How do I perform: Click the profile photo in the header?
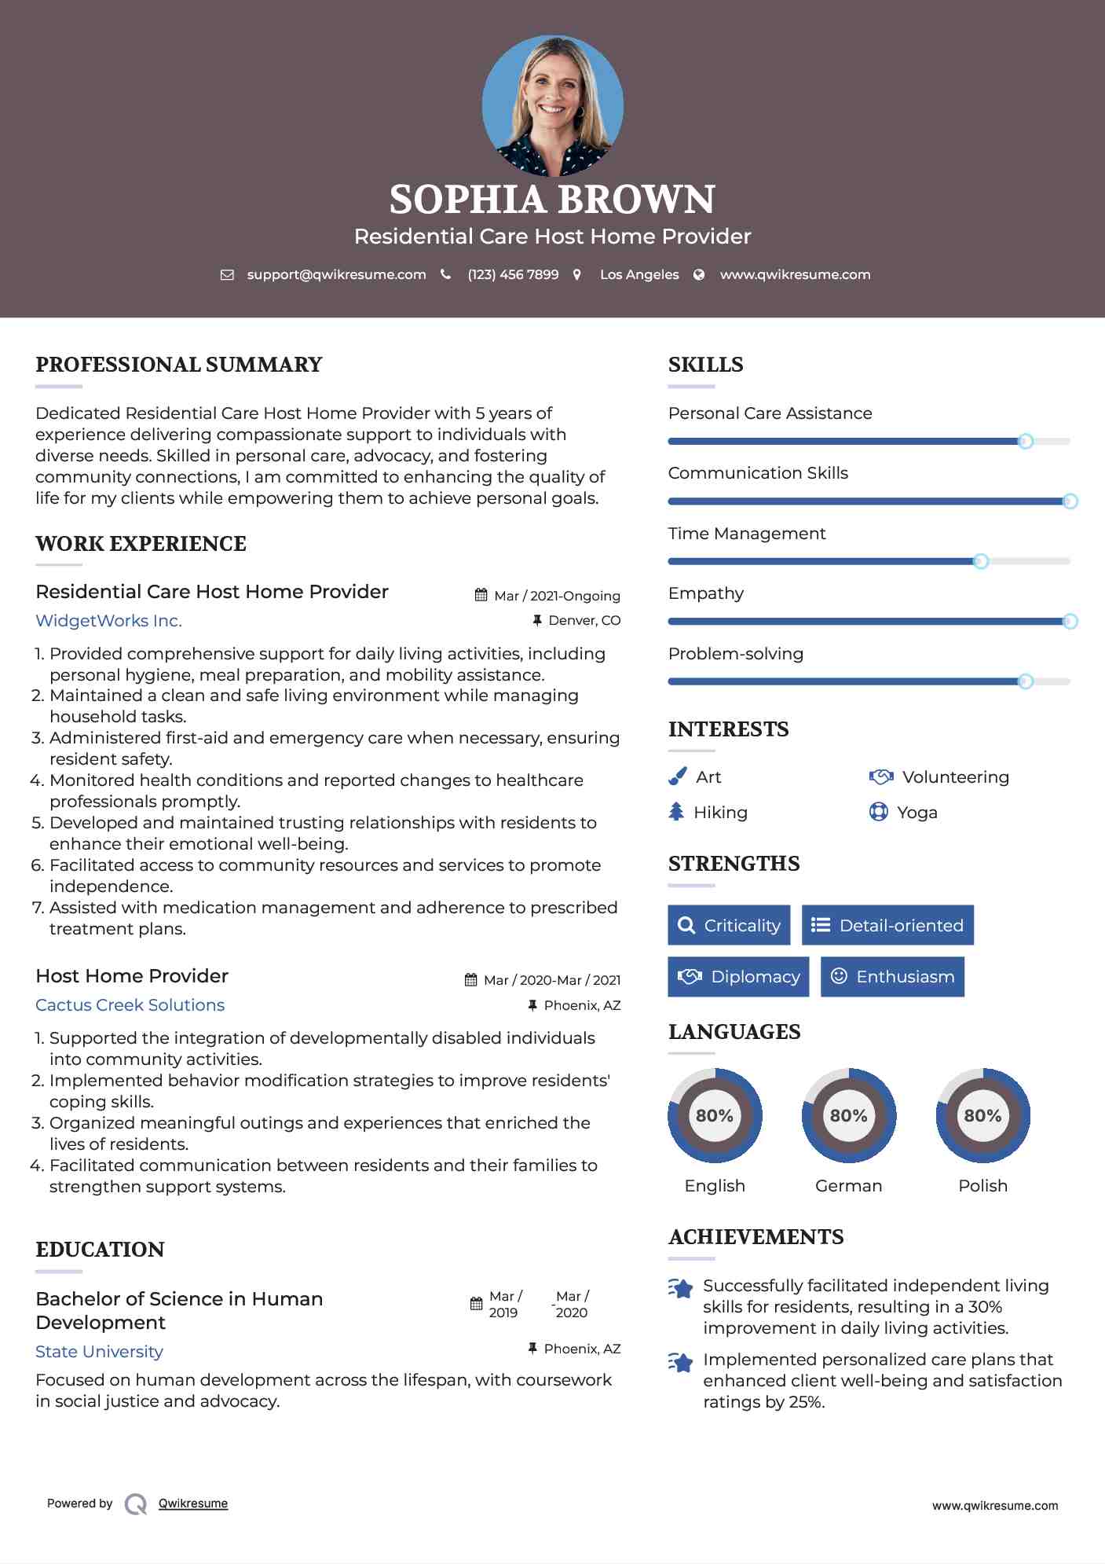click(552, 105)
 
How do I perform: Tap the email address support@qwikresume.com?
click(336, 274)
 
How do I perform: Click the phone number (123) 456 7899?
click(513, 274)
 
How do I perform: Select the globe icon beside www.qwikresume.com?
click(699, 274)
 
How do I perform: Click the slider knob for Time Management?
click(980, 561)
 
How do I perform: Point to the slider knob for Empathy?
click(1070, 622)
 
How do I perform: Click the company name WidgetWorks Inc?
click(108, 621)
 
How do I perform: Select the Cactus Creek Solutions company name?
click(130, 1005)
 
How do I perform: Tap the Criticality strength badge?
click(729, 925)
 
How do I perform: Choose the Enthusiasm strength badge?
click(892, 977)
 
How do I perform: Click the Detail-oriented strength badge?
click(887, 925)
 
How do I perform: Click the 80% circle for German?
click(848, 1115)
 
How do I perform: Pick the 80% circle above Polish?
click(982, 1115)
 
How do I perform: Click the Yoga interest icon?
click(878, 812)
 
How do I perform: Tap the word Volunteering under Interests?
click(955, 777)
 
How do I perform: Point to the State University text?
click(99, 1352)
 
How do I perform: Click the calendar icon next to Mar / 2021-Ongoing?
click(481, 595)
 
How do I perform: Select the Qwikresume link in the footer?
click(193, 1503)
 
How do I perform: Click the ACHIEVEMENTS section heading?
click(756, 1237)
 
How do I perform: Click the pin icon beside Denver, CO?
click(537, 620)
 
